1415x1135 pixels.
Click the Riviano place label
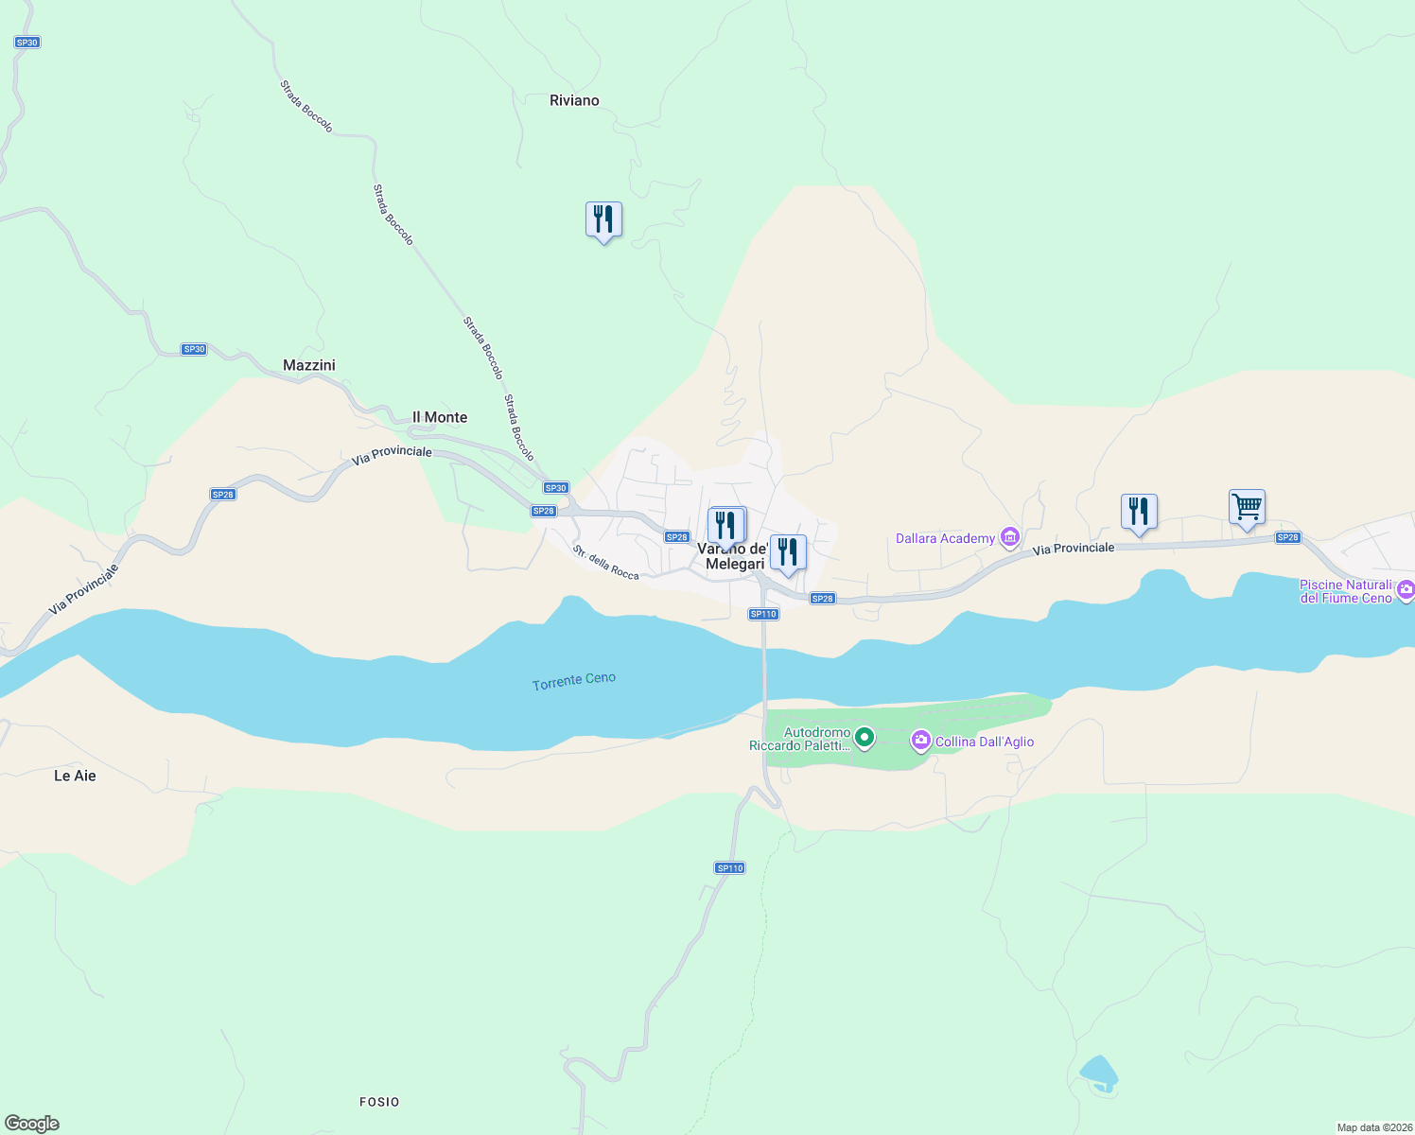tap(574, 100)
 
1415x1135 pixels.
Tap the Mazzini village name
tap(309, 365)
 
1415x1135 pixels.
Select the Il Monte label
tap(440, 417)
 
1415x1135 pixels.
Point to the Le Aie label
tap(75, 776)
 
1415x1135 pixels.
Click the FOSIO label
tap(379, 1102)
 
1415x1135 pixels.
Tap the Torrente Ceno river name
tap(574, 681)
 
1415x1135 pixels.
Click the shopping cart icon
tap(1247, 507)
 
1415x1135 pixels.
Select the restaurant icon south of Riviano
tap(603, 219)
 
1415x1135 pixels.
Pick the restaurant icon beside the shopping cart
tap(1139, 512)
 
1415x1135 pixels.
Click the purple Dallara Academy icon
tap(1010, 537)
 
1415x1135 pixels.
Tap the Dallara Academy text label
tap(945, 538)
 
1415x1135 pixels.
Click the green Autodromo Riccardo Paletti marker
tap(864, 737)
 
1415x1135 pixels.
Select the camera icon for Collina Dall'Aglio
tap(920, 741)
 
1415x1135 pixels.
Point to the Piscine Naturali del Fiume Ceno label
tap(1345, 591)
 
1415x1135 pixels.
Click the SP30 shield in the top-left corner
tap(27, 43)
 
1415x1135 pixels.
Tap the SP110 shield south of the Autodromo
tap(729, 867)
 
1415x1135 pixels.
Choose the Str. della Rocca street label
tap(605, 562)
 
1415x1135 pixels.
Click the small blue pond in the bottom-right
tap(1098, 1072)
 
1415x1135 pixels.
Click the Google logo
tap(32, 1123)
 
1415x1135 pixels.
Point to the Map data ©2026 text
tap(1373, 1127)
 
